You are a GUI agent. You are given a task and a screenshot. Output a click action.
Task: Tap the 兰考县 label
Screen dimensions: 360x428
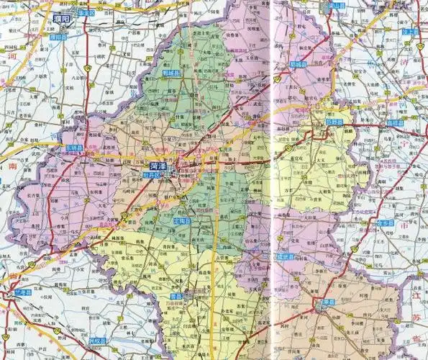(x=24, y=294)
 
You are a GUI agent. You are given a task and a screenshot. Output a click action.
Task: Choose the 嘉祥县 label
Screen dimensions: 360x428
(x=393, y=123)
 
